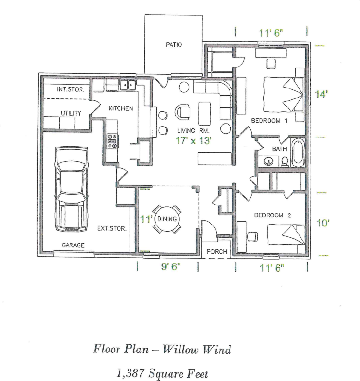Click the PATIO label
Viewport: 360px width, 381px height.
click(174, 45)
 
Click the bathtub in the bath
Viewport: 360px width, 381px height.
click(298, 152)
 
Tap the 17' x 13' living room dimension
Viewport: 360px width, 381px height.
click(193, 140)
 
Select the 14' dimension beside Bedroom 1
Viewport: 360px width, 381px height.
click(321, 94)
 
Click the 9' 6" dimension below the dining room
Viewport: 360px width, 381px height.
click(171, 267)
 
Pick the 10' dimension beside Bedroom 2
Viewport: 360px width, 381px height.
click(323, 222)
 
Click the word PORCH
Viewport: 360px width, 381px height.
click(217, 252)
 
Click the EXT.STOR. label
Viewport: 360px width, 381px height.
click(112, 228)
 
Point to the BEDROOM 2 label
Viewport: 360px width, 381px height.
click(272, 215)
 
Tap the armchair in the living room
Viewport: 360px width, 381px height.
click(183, 112)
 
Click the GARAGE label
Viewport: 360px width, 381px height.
click(73, 245)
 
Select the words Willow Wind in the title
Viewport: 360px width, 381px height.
click(197, 350)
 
